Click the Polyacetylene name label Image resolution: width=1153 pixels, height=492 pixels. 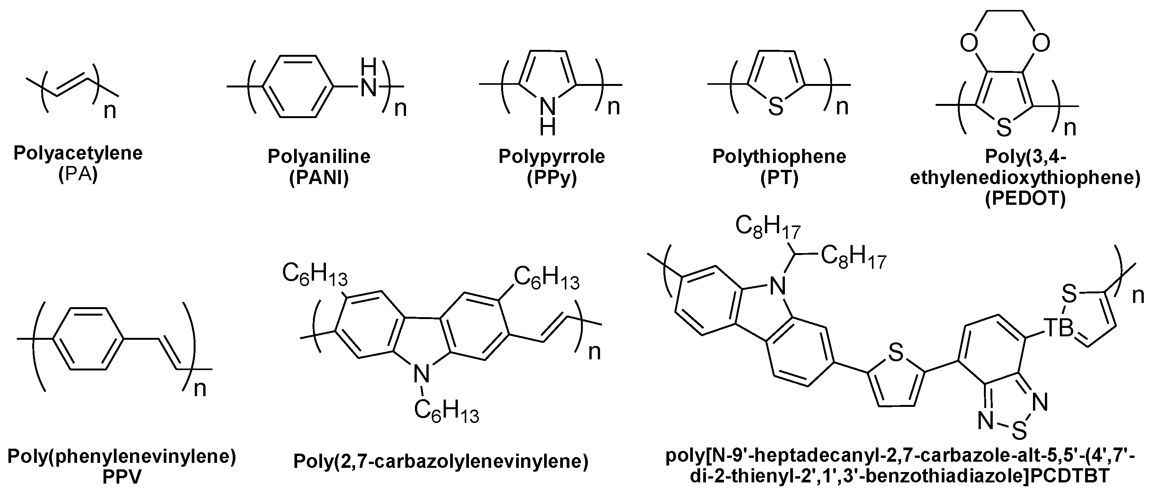78,153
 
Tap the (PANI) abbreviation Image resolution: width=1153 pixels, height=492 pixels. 319,178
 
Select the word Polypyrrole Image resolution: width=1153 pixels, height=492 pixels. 551,156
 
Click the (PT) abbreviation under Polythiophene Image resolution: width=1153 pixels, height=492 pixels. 779,178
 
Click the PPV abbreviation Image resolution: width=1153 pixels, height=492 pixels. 122,477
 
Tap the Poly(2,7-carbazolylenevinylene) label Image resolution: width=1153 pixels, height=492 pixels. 441,461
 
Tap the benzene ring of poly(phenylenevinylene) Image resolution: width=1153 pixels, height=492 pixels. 88,339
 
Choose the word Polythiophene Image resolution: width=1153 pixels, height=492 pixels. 779,156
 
